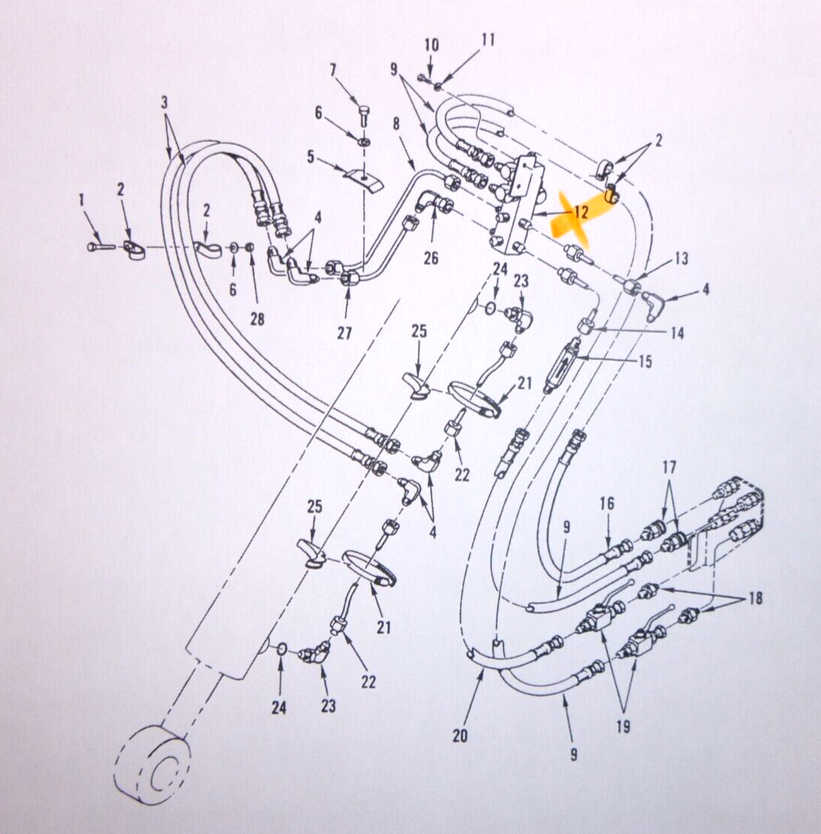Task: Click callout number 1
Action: pyautogui.click(x=81, y=200)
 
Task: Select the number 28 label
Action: pyautogui.click(x=258, y=318)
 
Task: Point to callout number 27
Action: pyautogui.click(x=345, y=333)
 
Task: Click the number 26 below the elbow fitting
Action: pyautogui.click(x=431, y=258)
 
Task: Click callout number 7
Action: pyautogui.click(x=333, y=70)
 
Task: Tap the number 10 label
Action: pyautogui.click(x=432, y=45)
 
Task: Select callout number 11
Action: pyautogui.click(x=488, y=39)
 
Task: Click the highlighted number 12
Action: pyautogui.click(x=582, y=212)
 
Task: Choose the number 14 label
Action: pyautogui.click(x=677, y=333)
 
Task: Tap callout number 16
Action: pyautogui.click(x=607, y=503)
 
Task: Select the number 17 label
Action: pyautogui.click(x=669, y=467)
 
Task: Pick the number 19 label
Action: pyautogui.click(x=623, y=726)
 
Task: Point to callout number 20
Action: pyautogui.click(x=460, y=735)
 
